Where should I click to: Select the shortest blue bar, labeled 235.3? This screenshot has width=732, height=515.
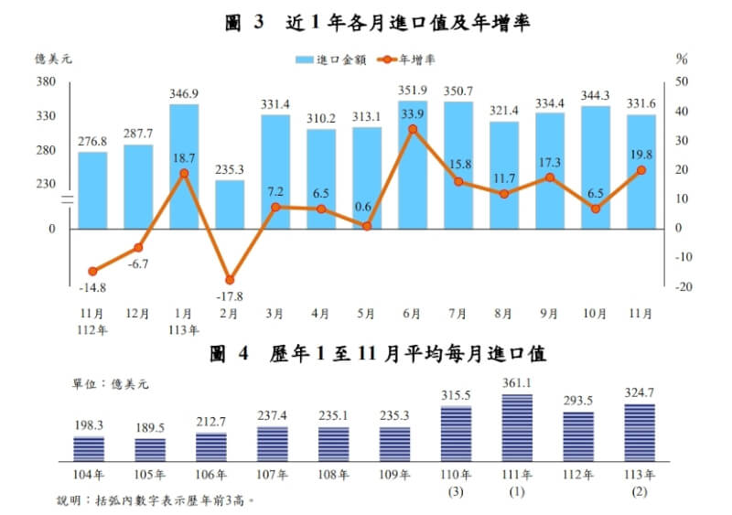pos(230,203)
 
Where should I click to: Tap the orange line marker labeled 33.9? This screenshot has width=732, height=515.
pos(413,129)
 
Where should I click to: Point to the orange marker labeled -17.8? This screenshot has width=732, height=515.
pos(230,279)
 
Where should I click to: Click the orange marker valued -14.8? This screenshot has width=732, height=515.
pos(92,271)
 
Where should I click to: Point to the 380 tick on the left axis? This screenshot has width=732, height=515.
pos(46,82)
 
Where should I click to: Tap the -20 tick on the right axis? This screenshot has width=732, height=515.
pos(681,286)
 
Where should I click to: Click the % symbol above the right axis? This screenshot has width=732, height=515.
pos(682,59)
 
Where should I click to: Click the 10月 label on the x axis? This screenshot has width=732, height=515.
pos(596,313)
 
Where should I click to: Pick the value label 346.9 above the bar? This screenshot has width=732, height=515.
pos(184,93)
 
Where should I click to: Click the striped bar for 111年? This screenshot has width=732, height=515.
pos(517,427)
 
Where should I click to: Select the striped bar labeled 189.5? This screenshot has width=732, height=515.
pos(150,448)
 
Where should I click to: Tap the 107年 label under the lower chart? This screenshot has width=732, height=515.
pos(272,475)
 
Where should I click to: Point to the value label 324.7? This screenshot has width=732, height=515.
pos(639,394)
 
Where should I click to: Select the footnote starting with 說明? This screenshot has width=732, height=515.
pos(156,500)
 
